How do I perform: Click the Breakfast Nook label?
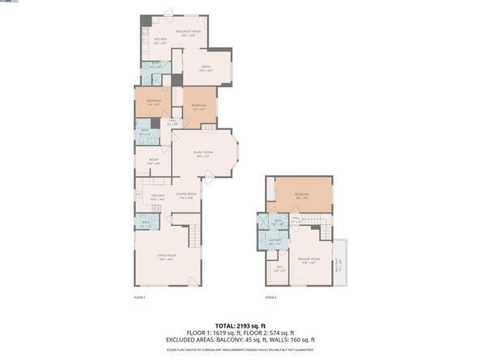coord(189,32)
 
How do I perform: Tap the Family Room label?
coord(202,153)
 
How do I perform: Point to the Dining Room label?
coord(188,194)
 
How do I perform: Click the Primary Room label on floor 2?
coord(309,258)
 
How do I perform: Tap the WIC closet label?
coord(279,268)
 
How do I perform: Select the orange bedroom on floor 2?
coord(302,196)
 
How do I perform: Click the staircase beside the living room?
coord(194,237)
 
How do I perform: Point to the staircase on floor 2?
coord(324,230)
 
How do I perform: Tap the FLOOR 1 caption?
coord(138,299)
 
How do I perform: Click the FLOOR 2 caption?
coord(270,299)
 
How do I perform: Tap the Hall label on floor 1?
coord(172,121)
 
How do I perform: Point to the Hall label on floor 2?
coord(296,218)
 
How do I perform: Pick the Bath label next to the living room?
coord(146,222)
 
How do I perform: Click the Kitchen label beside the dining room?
coord(147,197)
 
